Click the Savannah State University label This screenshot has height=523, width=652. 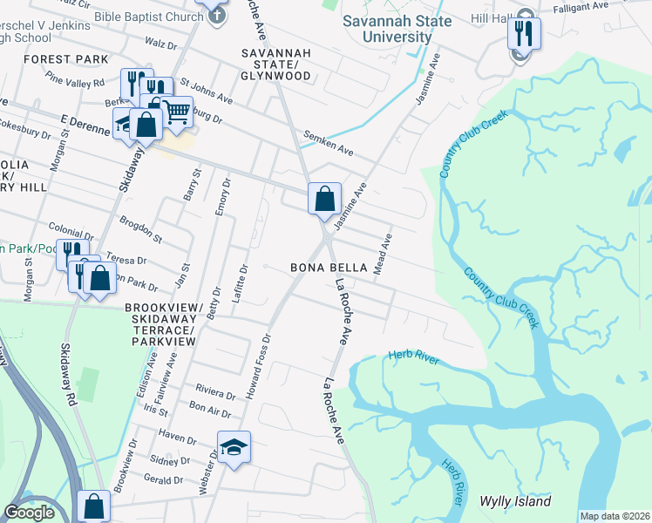click(398, 29)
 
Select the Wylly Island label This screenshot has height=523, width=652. click(515, 501)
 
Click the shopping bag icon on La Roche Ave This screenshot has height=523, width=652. click(324, 199)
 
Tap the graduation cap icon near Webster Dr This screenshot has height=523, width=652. click(234, 447)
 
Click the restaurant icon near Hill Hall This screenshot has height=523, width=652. click(525, 33)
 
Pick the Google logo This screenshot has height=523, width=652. click(29, 513)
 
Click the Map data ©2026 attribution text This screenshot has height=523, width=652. click(615, 516)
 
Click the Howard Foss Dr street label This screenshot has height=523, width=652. click(259, 366)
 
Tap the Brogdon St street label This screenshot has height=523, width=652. click(141, 228)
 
